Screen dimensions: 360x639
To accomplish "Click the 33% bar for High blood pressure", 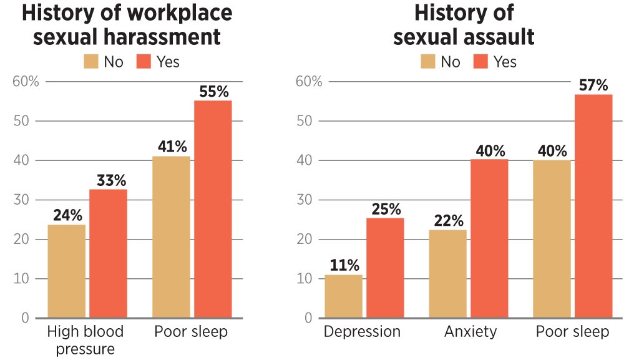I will coord(108,253).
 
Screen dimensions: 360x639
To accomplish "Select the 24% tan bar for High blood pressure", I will coord(66,271).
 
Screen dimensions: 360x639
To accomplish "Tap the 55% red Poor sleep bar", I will coord(213,209).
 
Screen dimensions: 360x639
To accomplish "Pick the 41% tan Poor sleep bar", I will coord(171,237).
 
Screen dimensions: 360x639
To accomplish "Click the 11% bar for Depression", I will coord(343,296).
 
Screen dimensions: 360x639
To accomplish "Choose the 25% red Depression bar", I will coord(385,268).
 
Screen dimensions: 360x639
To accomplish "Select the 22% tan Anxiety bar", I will coord(447,274).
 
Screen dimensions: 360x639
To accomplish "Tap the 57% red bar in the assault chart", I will coord(593,206).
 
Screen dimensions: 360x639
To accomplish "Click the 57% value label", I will coord(593,85).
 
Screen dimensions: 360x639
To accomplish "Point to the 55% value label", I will coord(214,91).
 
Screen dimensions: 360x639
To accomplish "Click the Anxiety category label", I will coord(471,331).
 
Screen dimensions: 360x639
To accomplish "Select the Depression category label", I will coord(362,331).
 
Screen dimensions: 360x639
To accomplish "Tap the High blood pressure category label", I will coord(85,339).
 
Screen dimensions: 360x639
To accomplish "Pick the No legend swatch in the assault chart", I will coord(428,61).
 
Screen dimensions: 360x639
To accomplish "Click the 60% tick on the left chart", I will coord(26,82).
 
